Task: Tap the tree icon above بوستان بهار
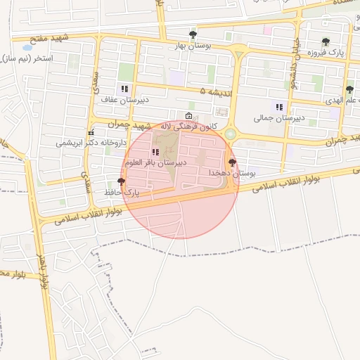point(193,34)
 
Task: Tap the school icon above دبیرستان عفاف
point(124,89)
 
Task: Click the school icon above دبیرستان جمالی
point(280,108)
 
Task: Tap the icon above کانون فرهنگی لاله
point(188,116)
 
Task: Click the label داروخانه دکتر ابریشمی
point(91,142)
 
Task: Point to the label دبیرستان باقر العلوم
point(155,162)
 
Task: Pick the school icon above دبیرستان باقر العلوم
point(155,152)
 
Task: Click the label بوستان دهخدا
point(232,172)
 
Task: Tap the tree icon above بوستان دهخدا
point(232,162)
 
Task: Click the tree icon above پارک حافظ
point(122,181)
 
